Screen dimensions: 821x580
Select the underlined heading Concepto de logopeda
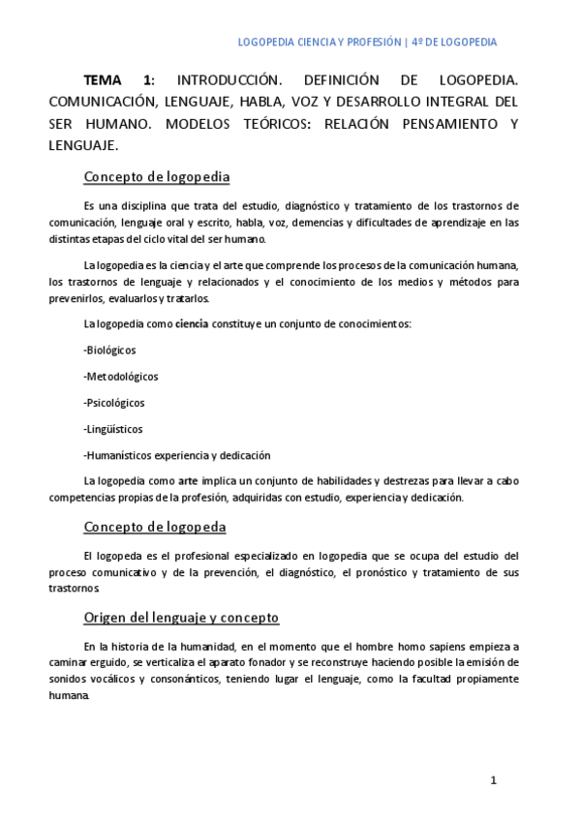[x=155, y=527]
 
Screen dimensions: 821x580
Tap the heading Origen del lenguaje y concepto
[x=181, y=617]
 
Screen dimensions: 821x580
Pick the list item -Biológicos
[x=110, y=350]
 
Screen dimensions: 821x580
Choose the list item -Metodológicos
[x=121, y=376]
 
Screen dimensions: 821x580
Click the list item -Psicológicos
[x=114, y=402]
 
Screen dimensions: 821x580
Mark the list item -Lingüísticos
[x=113, y=428]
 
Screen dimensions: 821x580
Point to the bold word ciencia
[x=192, y=323]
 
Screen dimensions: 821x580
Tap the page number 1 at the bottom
[x=493, y=779]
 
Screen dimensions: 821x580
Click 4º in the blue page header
[x=417, y=43]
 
